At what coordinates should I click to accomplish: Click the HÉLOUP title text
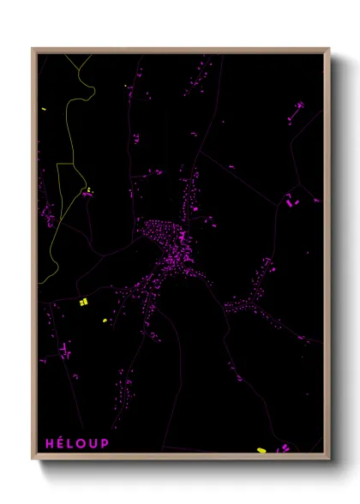point(77,443)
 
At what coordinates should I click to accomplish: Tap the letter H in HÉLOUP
point(50,443)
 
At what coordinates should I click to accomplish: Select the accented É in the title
point(61,443)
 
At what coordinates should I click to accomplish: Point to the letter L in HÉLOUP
point(70,443)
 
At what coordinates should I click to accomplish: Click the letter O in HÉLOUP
point(81,443)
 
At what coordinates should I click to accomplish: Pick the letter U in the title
point(93,443)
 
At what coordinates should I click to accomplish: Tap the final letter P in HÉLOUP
point(105,443)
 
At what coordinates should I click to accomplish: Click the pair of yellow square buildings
point(83,302)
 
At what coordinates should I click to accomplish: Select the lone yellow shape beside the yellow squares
point(105,321)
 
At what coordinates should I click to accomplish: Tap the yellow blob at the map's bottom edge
point(261,449)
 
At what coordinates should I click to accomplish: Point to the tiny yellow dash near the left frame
point(43,110)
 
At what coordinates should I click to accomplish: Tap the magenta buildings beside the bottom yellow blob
point(281,447)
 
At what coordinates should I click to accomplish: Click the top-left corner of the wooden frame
point(33,49)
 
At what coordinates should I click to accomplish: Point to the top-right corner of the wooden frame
point(328,49)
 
